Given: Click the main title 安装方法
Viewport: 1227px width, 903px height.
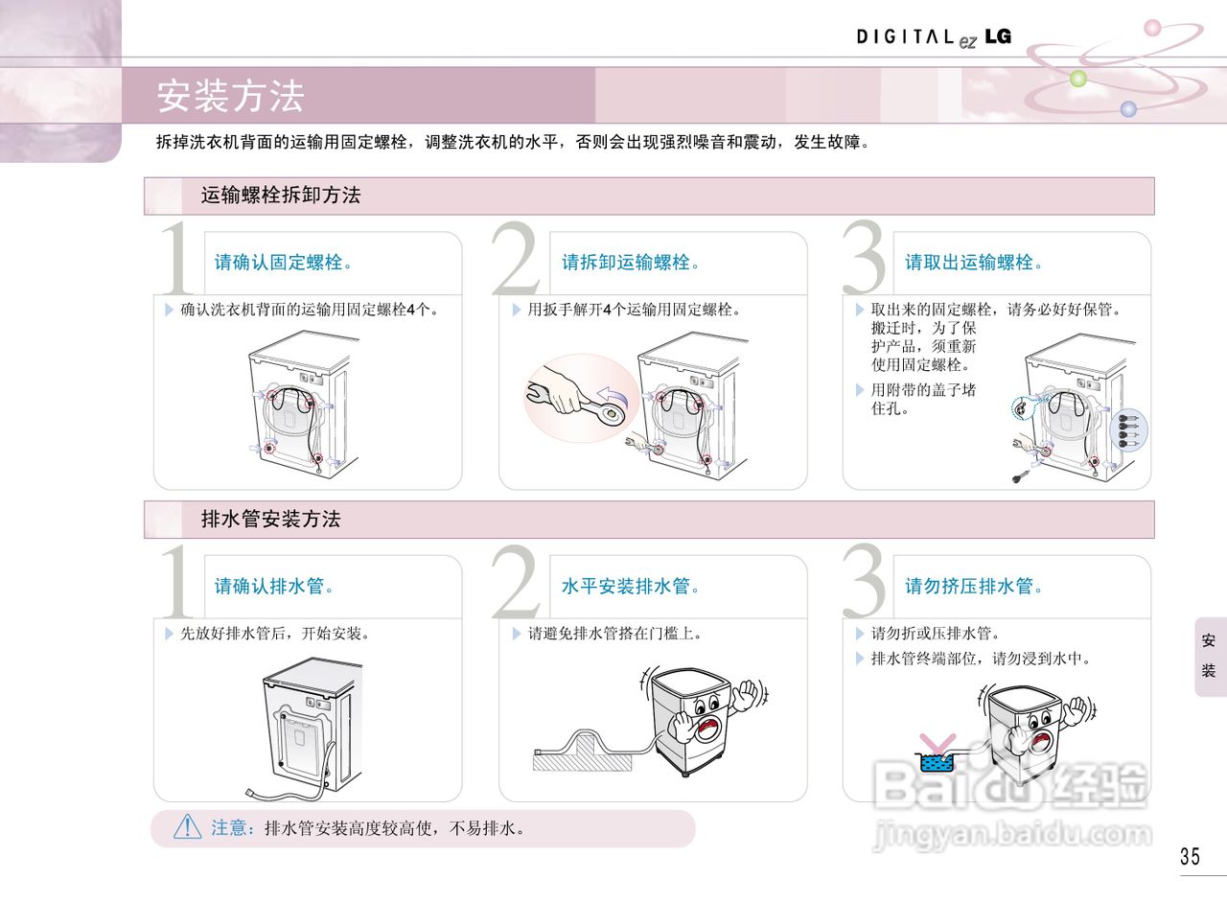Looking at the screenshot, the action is pyautogui.click(x=230, y=96).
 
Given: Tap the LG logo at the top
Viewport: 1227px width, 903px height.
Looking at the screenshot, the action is pyautogui.click(x=998, y=36).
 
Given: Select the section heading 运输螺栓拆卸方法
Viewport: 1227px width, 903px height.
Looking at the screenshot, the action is pyautogui.click(x=281, y=196).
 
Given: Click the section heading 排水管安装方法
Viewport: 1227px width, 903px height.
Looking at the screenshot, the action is pyautogui.click(x=271, y=520).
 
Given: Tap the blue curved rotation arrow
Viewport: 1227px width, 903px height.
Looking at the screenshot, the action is pyautogui.click(x=612, y=393).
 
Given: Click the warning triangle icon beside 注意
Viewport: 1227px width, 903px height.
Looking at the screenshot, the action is pyautogui.click(x=187, y=827).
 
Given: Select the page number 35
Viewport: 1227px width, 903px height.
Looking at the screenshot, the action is pyautogui.click(x=1190, y=856).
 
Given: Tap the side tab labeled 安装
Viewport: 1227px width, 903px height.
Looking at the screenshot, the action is pyautogui.click(x=1209, y=656).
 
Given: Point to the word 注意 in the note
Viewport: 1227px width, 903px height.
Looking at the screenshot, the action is pyautogui.click(x=230, y=828).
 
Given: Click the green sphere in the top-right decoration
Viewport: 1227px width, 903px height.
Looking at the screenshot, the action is pyautogui.click(x=1078, y=79).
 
